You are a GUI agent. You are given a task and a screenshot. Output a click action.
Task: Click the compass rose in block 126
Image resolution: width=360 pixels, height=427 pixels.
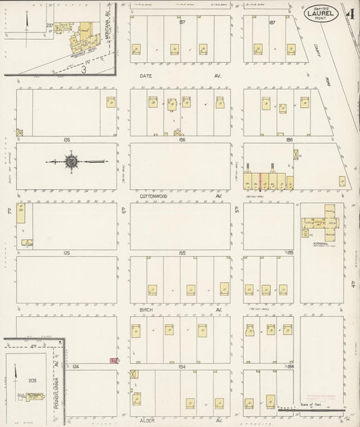[70, 161]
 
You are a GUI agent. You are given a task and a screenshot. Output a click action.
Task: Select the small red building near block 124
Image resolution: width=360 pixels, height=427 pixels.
[113, 360]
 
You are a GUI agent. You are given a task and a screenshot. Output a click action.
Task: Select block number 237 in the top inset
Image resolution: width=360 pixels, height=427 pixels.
[49, 25]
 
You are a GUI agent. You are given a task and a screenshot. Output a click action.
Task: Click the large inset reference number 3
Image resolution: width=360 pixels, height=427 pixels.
[84, 68]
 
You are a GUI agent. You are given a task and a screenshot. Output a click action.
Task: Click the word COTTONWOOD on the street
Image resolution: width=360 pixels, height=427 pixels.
[155, 196]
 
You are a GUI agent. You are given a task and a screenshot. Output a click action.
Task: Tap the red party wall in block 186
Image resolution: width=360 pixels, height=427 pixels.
[260, 180]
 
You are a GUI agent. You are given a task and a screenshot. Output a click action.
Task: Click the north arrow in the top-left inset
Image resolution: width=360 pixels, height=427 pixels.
[25, 22]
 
